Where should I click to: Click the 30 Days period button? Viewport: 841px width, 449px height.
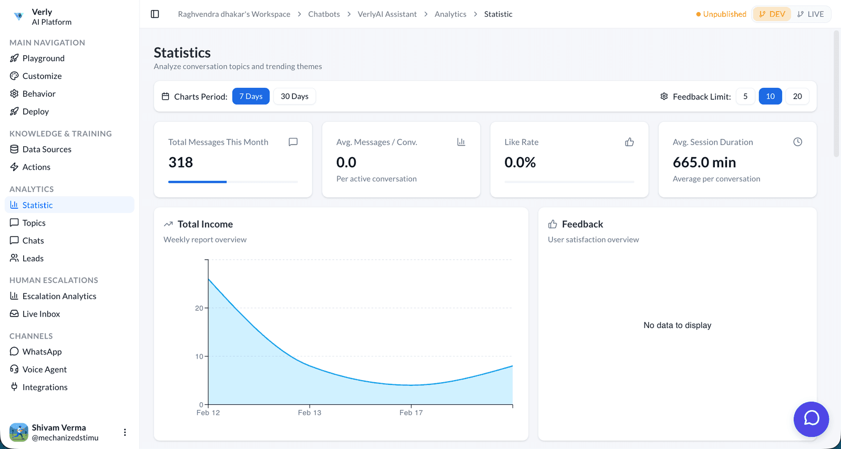click(x=294, y=96)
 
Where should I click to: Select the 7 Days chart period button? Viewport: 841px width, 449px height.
click(x=251, y=96)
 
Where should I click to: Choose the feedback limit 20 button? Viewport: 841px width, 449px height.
click(x=797, y=96)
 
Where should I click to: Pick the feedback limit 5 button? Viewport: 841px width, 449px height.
click(x=745, y=96)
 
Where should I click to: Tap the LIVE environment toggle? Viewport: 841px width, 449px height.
click(x=811, y=14)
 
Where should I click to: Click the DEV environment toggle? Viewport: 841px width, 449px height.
click(x=772, y=14)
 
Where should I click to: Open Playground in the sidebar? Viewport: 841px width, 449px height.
click(x=43, y=58)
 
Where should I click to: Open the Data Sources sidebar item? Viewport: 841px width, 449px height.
click(x=47, y=149)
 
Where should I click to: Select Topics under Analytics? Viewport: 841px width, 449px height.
click(x=34, y=223)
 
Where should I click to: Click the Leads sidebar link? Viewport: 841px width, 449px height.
click(x=33, y=258)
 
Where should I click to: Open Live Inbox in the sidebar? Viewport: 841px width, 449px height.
click(x=41, y=314)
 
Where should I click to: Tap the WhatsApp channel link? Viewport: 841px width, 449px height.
click(x=42, y=352)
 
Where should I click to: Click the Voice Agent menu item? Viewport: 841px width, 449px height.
click(x=44, y=370)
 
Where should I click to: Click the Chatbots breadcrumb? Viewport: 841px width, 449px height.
click(x=324, y=14)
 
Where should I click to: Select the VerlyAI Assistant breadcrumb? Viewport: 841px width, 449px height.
click(x=387, y=14)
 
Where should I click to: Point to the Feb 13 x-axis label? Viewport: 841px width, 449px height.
click(x=310, y=413)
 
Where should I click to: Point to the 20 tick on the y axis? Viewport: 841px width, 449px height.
click(x=199, y=308)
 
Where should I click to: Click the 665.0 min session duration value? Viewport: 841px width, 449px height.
click(x=704, y=162)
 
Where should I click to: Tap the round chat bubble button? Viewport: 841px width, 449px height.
click(x=811, y=419)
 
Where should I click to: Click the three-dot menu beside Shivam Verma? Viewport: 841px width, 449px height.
click(x=125, y=432)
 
